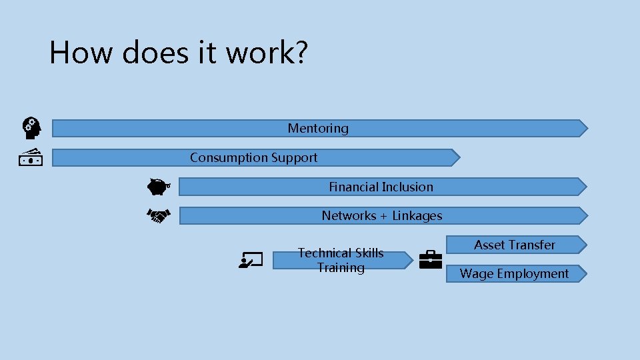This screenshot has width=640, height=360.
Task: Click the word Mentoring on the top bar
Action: tap(318, 128)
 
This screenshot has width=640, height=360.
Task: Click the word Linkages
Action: tap(417, 216)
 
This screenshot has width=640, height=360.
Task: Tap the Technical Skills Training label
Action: tap(341, 260)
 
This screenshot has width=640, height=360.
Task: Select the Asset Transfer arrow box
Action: tap(515, 245)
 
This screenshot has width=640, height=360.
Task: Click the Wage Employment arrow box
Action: tap(515, 273)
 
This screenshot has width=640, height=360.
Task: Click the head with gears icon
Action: tap(31, 127)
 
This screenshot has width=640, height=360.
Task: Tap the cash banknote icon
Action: tap(31, 157)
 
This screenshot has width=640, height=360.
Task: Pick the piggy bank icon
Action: tap(158, 187)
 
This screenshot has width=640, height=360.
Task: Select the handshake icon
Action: tap(158, 215)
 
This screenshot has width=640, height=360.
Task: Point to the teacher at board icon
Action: tap(252, 260)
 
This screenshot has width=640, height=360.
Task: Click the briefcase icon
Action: tap(430, 259)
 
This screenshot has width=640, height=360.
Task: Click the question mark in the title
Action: tap(301, 52)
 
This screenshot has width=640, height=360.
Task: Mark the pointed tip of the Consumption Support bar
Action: tap(459, 157)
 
